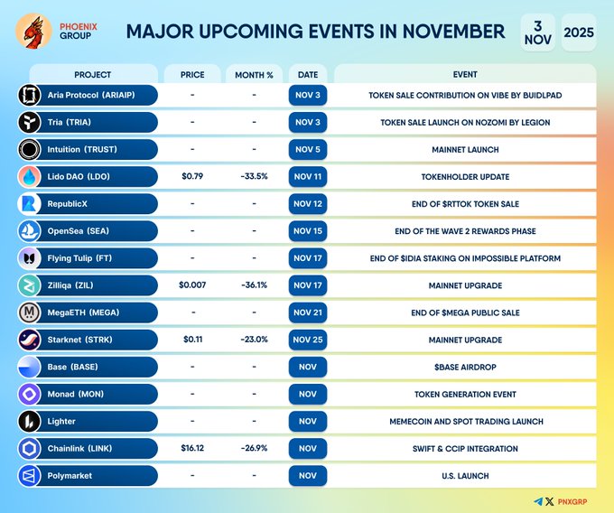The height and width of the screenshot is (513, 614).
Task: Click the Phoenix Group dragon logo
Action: tap(33, 32)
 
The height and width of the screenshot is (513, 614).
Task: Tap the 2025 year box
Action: tap(578, 33)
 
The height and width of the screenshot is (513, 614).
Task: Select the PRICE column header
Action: tap(192, 74)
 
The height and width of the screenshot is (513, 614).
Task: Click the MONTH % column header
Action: tap(255, 74)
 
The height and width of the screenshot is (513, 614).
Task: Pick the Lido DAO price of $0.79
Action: tap(192, 177)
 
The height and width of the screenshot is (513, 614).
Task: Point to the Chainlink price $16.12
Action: tap(192, 448)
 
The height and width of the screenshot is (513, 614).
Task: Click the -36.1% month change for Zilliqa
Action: tap(255, 285)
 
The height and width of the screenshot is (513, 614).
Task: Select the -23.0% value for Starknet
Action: tap(255, 340)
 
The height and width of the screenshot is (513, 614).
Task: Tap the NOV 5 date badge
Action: tap(308, 150)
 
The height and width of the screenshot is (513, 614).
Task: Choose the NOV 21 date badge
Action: tap(308, 312)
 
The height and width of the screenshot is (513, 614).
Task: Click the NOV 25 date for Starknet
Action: tap(308, 340)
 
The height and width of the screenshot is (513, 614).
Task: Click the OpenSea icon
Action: tap(30, 231)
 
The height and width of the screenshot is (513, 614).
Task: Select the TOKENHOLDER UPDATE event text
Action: tap(464, 177)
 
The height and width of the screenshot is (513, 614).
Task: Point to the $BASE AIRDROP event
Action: tap(464, 367)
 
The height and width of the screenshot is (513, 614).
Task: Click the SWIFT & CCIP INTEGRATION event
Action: tap(464, 448)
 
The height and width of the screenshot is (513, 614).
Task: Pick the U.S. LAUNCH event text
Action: tap(464, 475)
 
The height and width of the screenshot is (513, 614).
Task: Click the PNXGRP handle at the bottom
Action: tap(580, 501)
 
